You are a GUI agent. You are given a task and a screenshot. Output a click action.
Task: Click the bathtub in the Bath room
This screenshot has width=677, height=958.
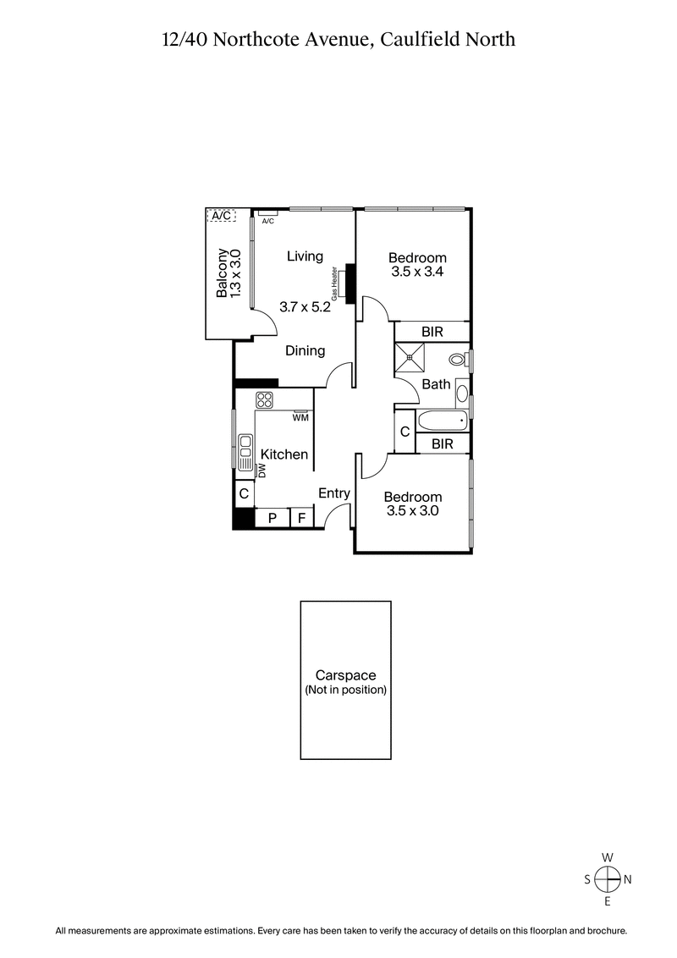point(442,421)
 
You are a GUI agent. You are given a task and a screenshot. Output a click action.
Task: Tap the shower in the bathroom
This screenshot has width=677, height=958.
point(411,358)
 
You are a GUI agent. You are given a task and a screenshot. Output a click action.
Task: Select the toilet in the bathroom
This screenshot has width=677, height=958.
point(457,360)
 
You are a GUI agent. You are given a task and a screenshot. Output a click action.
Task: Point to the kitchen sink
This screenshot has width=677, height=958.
point(245,452)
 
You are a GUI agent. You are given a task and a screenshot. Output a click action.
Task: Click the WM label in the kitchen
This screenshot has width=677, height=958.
point(300,417)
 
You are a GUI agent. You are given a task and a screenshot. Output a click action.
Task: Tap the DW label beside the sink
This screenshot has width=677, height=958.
point(262,471)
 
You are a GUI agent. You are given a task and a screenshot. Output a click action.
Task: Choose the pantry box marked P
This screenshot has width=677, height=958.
point(272,518)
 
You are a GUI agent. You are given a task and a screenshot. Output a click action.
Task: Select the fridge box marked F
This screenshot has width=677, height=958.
point(301,518)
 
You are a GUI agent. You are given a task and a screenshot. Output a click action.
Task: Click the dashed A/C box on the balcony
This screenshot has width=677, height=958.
point(221,216)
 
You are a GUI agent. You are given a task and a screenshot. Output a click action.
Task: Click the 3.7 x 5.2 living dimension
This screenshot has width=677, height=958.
point(305,307)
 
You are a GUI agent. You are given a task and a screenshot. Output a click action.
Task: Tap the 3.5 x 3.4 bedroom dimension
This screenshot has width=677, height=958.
point(417,273)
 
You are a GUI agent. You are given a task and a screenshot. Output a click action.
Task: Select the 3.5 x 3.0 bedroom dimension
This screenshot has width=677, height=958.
point(412,511)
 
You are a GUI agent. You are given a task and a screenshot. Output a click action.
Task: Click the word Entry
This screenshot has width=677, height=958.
point(334,493)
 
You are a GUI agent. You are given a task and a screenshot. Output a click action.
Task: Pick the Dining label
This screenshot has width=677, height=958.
point(305,350)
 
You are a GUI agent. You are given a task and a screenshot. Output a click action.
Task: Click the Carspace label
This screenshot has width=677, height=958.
point(345,675)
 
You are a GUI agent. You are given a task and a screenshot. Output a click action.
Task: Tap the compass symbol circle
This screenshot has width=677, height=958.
point(607,880)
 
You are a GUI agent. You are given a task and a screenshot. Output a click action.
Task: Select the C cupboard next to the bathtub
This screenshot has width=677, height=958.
point(405,432)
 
